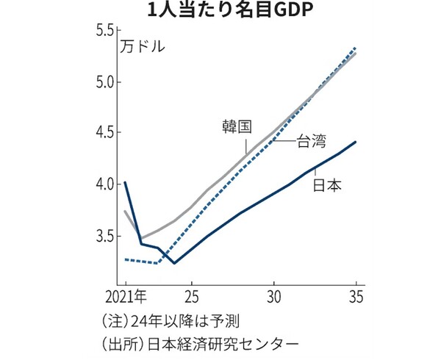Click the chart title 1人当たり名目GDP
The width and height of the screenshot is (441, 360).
(x=221, y=12)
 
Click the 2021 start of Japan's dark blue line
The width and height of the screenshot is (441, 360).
(x=126, y=182)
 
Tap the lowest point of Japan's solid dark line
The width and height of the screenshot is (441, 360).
(x=174, y=262)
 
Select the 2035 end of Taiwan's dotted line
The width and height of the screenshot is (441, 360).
(x=356, y=48)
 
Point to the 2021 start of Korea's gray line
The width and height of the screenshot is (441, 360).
(x=126, y=212)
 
